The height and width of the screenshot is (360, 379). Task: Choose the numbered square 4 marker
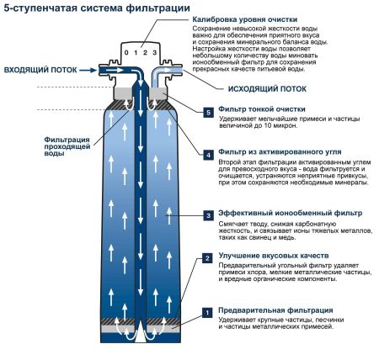click(x=208, y=155)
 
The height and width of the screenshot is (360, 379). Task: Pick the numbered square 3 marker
click(x=208, y=216)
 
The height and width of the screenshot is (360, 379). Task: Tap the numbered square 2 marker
click(x=208, y=259)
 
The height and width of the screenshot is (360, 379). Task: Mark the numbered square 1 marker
click(x=208, y=312)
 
